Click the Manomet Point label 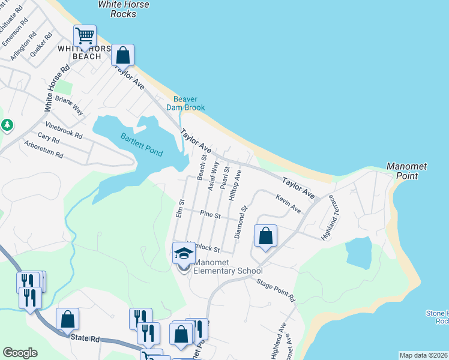click(x=403, y=171)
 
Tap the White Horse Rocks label click(x=124, y=9)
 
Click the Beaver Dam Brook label click(x=188, y=103)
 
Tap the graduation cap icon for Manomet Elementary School click(x=184, y=254)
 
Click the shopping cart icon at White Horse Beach click(x=85, y=37)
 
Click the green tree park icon click(x=7, y=125)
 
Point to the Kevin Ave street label click(x=288, y=202)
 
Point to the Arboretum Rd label click(x=43, y=149)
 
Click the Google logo click(x=20, y=353)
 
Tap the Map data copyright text click(x=423, y=355)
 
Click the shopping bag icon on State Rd click(x=67, y=320)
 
